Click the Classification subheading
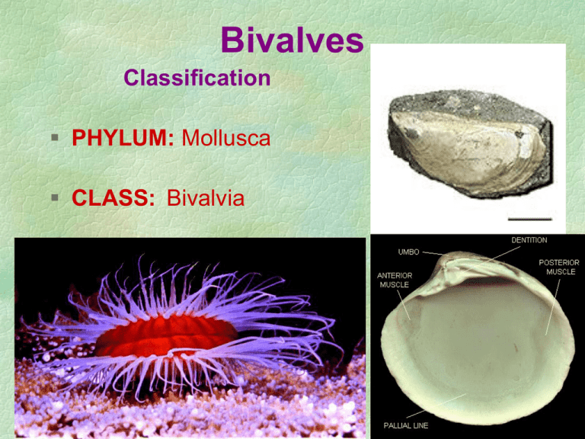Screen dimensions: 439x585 pyautogui.click(x=197, y=78)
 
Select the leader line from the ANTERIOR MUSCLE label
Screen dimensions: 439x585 pyautogui.click(x=404, y=305)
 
